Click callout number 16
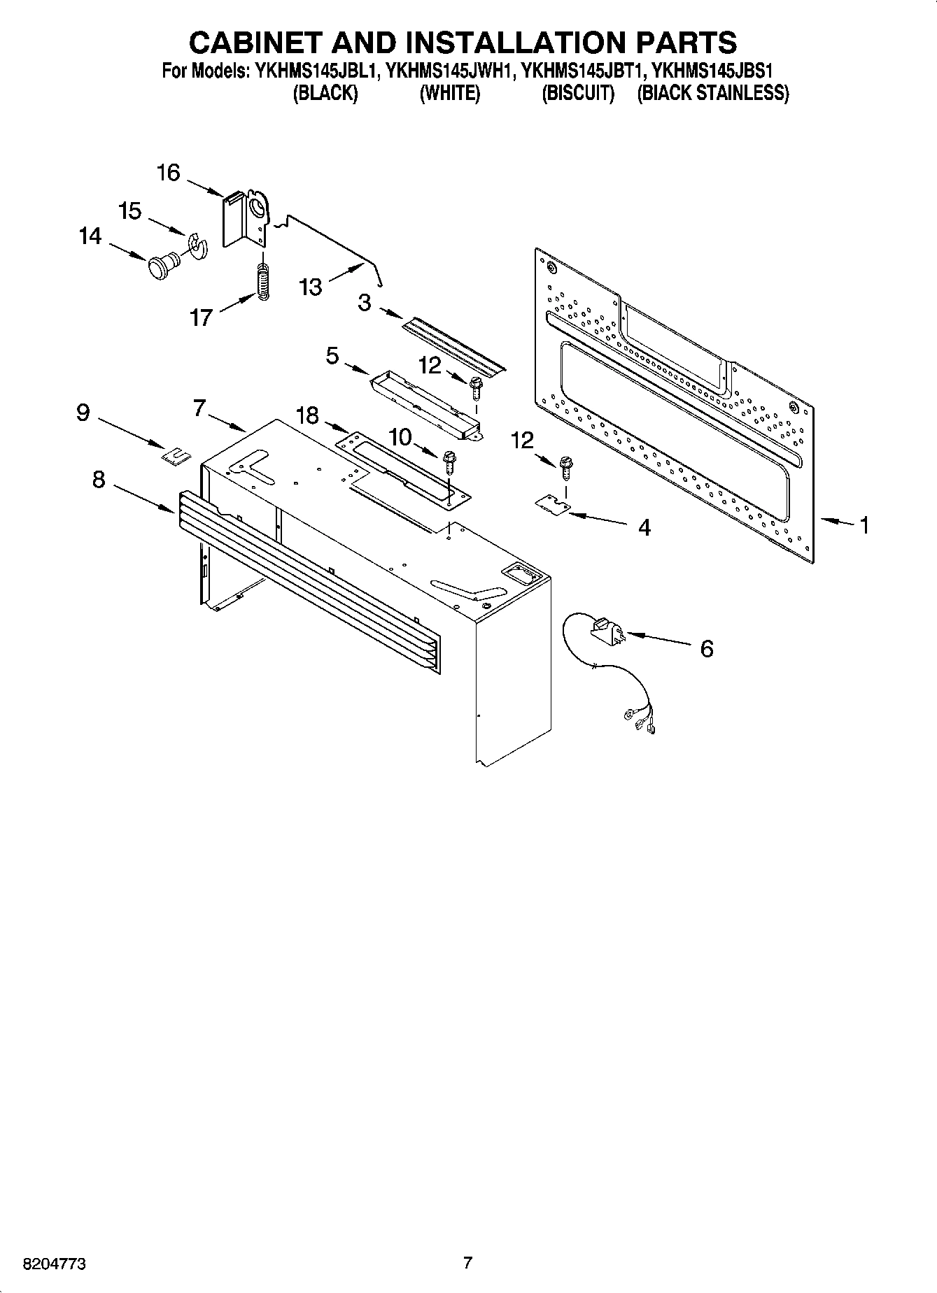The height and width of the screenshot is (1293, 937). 168,173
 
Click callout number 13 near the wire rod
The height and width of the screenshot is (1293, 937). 311,287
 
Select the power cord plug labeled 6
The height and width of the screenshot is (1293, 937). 606,629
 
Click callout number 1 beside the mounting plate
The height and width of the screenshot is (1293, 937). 864,524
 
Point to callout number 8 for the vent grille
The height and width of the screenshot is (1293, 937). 99,480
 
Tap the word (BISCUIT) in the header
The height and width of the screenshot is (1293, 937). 578,93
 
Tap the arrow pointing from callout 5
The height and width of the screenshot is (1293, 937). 358,369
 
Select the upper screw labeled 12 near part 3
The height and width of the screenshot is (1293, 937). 477,387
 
